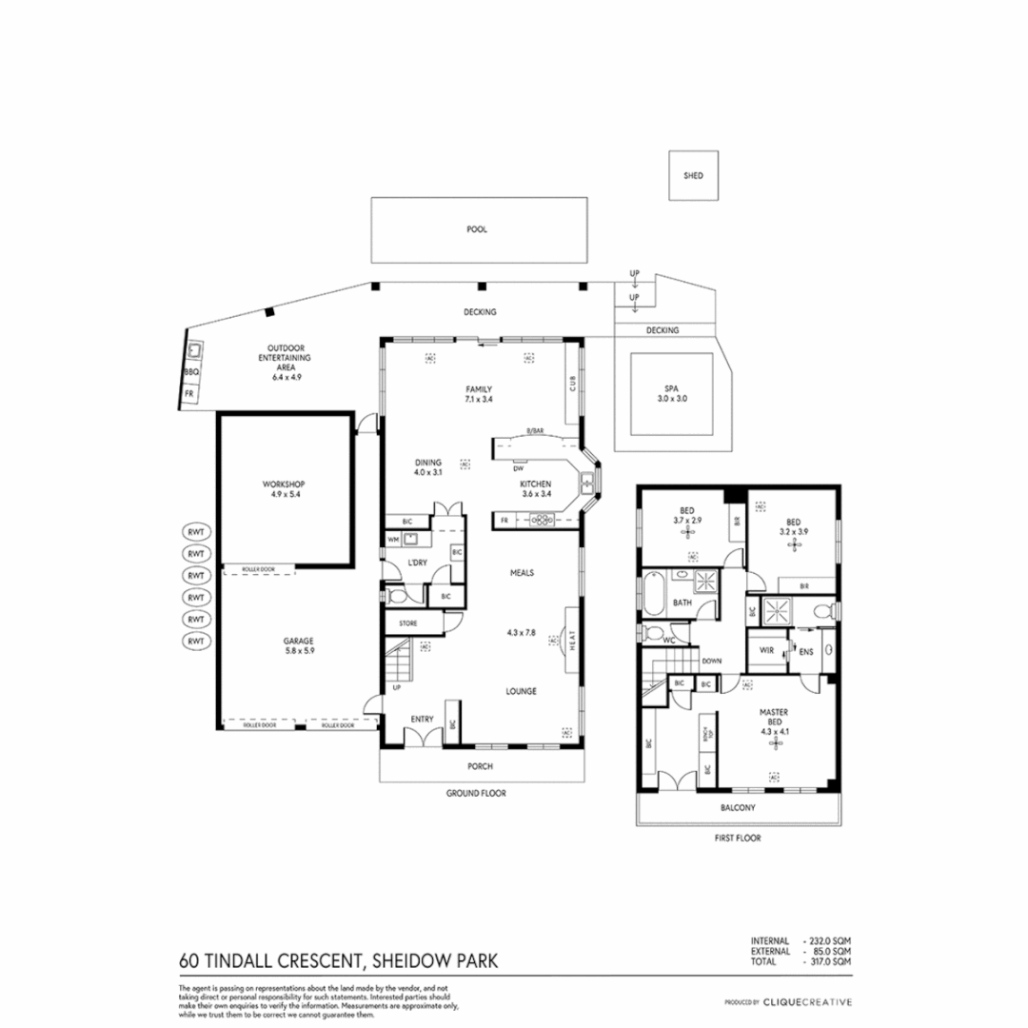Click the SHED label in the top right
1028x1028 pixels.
693,175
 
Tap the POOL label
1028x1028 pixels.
477,229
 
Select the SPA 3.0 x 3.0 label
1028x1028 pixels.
672,393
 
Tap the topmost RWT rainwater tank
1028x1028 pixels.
196,531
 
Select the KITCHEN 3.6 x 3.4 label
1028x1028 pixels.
535,488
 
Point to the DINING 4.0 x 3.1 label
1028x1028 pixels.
428,467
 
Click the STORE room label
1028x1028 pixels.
407,623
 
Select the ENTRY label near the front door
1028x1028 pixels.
422,719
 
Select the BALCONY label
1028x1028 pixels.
738,808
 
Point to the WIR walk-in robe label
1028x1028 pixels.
766,651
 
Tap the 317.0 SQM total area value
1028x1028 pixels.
827,962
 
